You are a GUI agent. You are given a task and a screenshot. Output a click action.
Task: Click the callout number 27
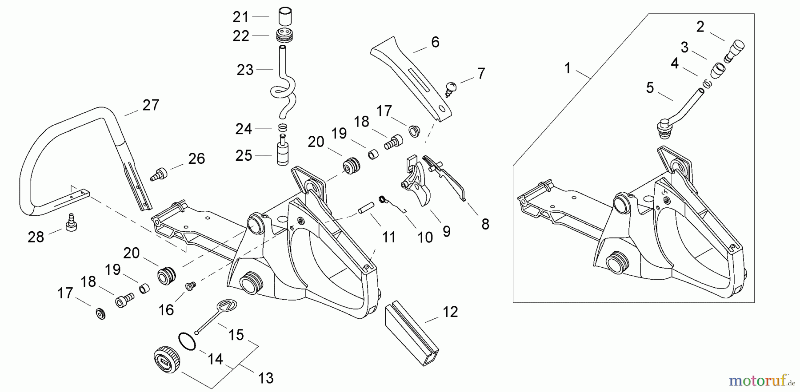tap(151, 105)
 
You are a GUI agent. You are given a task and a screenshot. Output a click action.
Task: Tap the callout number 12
tap(450, 312)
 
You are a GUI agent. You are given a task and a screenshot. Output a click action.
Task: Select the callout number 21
tap(241, 17)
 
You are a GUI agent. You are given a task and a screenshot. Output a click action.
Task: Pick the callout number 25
tap(244, 155)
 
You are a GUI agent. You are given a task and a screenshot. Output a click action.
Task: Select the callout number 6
tap(435, 42)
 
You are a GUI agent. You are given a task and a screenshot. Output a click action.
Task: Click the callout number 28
tap(36, 237)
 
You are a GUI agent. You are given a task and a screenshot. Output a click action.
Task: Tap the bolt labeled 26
tap(160, 174)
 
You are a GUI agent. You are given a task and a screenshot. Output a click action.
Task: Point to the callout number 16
tap(166, 310)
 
